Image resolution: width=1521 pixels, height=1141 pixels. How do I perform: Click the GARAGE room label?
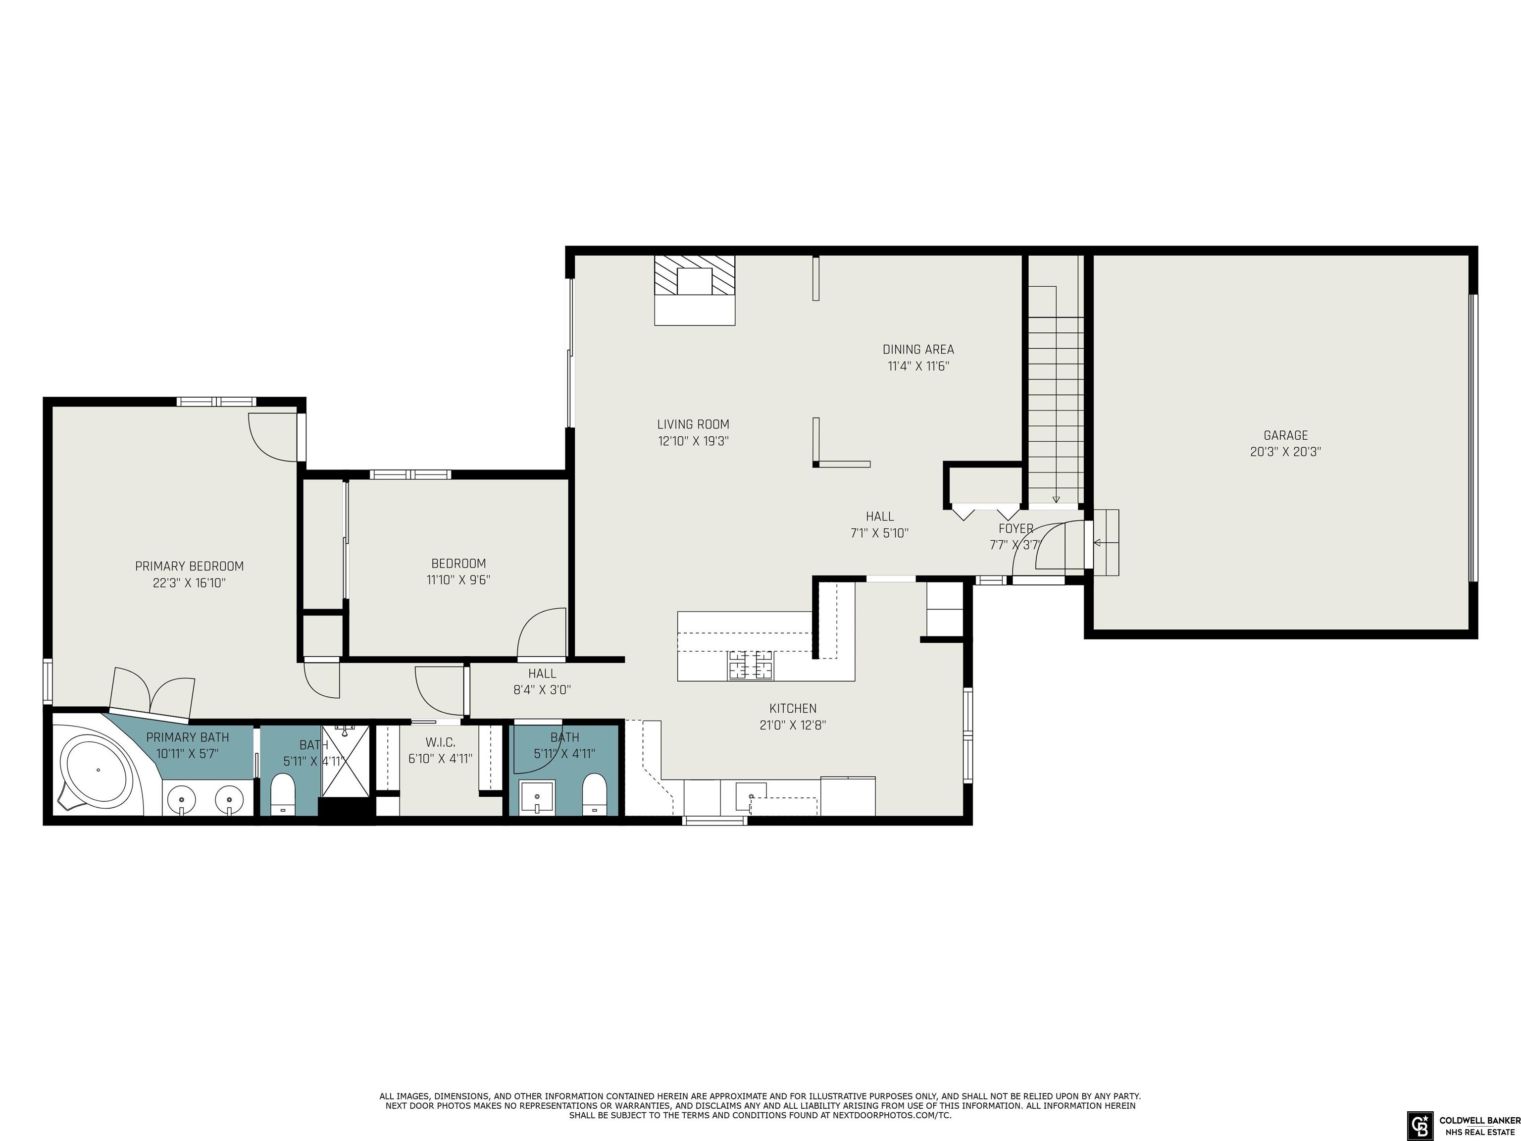tap(1286, 435)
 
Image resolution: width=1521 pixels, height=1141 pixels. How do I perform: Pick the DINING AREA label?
tap(918, 350)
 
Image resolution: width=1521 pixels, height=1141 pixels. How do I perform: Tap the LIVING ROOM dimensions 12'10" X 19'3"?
tap(693, 441)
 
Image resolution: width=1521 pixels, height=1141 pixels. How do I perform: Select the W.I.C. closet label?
tap(440, 743)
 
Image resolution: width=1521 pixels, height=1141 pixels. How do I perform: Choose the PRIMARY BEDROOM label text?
tap(189, 566)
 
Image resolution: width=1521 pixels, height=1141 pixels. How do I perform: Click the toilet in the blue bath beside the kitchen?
tap(594, 794)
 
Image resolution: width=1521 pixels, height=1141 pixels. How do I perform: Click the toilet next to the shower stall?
tap(283, 794)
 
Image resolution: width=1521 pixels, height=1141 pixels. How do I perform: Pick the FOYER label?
tap(1015, 528)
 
